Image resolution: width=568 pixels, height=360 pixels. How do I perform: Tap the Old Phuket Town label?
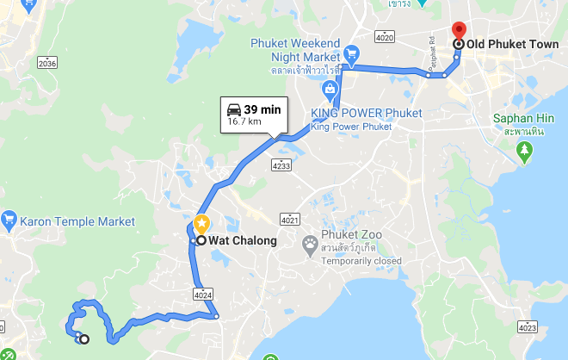point(510,44)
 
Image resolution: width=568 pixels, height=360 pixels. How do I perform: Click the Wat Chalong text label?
point(243,240)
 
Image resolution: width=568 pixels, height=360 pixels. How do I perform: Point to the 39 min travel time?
point(262,109)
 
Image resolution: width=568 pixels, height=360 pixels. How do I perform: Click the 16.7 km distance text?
point(244,122)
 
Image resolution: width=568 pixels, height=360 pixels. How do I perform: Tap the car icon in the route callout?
point(233,109)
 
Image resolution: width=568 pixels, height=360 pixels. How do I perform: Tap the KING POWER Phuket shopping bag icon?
point(330,89)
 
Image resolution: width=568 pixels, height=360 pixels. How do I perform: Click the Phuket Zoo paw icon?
point(310,245)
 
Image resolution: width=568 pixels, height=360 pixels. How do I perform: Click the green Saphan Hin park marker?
point(525,152)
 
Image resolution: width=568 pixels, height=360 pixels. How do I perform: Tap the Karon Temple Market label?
point(79,221)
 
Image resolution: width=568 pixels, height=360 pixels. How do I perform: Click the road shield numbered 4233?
point(281,164)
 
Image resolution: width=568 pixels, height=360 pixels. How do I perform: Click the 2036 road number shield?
point(47,63)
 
